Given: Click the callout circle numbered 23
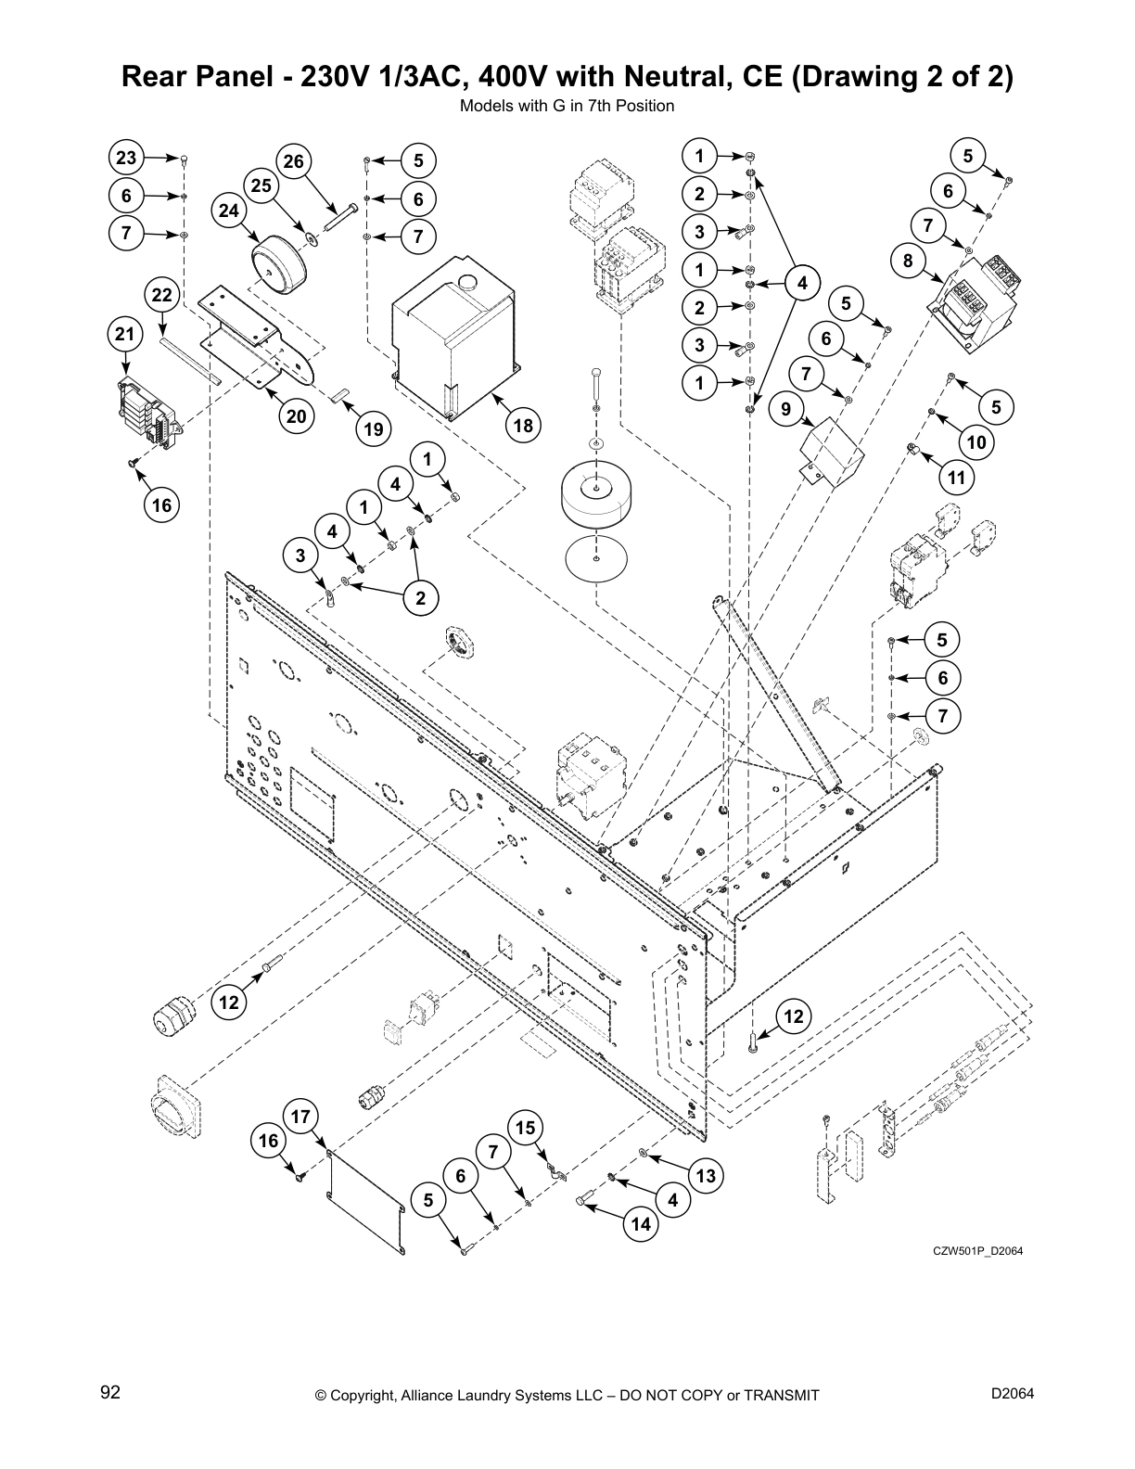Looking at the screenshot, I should tap(126, 159).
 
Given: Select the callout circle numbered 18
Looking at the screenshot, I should tap(523, 425).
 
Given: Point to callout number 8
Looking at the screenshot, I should tap(908, 262).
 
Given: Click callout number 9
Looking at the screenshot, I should tap(785, 407).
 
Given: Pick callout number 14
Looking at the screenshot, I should tap(640, 1224).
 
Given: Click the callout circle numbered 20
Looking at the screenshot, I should tap(296, 416).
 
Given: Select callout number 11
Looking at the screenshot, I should tap(956, 478).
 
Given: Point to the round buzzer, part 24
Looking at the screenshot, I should tap(274, 267).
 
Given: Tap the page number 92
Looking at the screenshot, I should tap(110, 1394).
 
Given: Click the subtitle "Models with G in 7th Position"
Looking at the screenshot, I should tap(567, 106).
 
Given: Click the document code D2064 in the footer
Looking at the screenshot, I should tap(1013, 1394).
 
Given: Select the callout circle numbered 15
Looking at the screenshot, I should tap(525, 1128).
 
